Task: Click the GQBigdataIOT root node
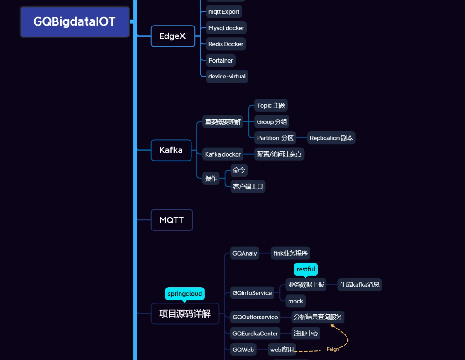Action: pyautogui.click(x=75, y=21)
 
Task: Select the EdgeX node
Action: pyautogui.click(x=172, y=36)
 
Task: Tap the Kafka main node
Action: pyautogui.click(x=171, y=150)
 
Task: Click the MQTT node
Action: pyautogui.click(x=171, y=220)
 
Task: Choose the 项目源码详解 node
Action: pyautogui.click(x=185, y=313)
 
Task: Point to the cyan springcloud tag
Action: pyautogui.click(x=185, y=293)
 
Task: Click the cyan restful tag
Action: pyautogui.click(x=306, y=269)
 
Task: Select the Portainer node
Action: pyautogui.click(x=221, y=60)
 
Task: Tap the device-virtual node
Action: pyautogui.click(x=227, y=76)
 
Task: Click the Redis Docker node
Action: pyautogui.click(x=226, y=44)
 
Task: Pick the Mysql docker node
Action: pyautogui.click(x=226, y=28)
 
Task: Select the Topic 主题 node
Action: pyautogui.click(x=271, y=105)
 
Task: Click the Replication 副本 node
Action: pyautogui.click(x=331, y=138)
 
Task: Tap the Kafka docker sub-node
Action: pyautogui.click(x=222, y=154)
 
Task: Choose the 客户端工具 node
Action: pyautogui.click(x=248, y=186)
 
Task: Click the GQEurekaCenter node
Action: pyautogui.click(x=255, y=334)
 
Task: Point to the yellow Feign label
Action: pyautogui.click(x=333, y=349)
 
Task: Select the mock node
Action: pyautogui.click(x=295, y=301)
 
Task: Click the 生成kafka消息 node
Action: pyautogui.click(x=360, y=285)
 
